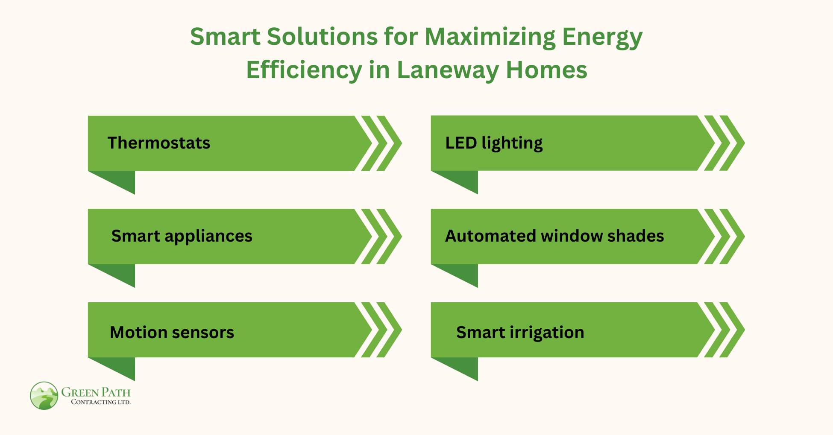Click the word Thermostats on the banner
pyautogui.click(x=158, y=143)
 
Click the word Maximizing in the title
pyautogui.click(x=490, y=37)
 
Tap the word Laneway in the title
pyautogui.click(x=448, y=70)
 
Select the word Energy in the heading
pyautogui.click(x=602, y=37)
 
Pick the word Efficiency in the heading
pyautogui.click(x=304, y=70)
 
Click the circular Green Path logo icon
pyautogui.click(x=44, y=396)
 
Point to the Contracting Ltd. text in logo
pyautogui.click(x=101, y=402)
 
